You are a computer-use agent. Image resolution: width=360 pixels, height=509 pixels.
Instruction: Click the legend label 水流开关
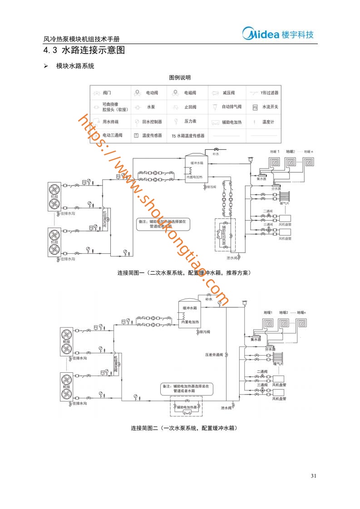pos(270,107)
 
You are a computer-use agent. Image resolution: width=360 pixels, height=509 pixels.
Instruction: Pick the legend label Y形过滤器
pos(269,93)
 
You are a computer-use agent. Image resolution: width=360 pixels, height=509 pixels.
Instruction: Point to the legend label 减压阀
pos(228,93)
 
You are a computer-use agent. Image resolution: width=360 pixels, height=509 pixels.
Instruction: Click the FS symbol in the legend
pos(255,108)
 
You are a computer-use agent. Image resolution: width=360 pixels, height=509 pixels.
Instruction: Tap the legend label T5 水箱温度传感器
pos(188,135)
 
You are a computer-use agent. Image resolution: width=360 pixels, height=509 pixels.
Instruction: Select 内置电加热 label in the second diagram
pos(191,322)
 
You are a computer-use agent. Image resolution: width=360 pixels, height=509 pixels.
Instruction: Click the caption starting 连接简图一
pos(184,273)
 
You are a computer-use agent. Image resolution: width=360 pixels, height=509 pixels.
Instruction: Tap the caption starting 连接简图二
pos(184,428)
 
